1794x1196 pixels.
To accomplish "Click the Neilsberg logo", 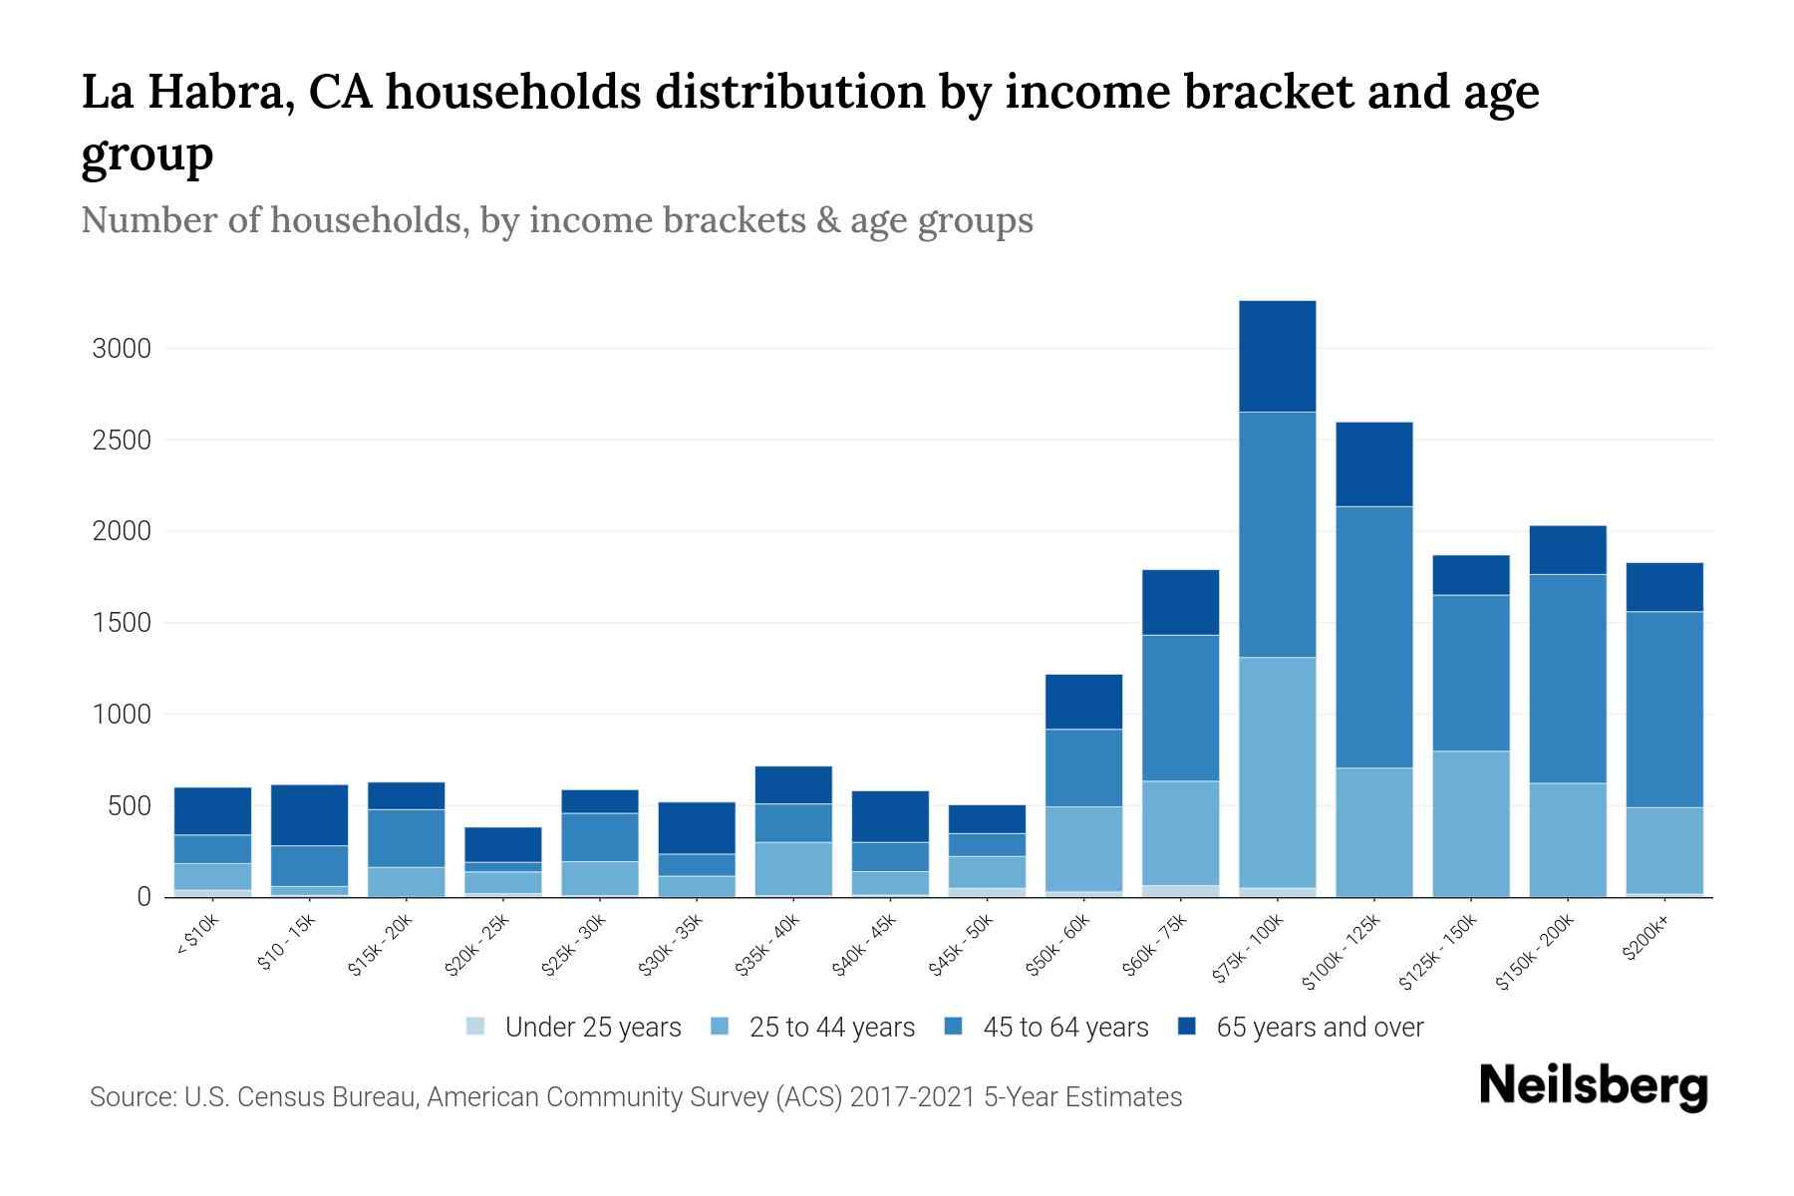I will pyautogui.click(x=1593, y=1086).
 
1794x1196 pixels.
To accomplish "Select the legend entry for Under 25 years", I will pyautogui.click(x=575, y=1028).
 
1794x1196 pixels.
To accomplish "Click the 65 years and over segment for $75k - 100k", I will pyautogui.click(x=1277, y=356).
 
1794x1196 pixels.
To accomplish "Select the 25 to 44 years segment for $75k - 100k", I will pyautogui.click(x=1277, y=772).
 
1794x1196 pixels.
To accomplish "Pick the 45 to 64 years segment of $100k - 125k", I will pyautogui.click(x=1373, y=637).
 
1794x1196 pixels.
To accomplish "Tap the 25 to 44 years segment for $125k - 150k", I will pyautogui.click(x=1470, y=823).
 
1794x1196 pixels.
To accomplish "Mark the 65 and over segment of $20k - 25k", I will pyautogui.click(x=502, y=844).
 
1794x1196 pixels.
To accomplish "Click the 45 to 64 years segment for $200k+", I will pyautogui.click(x=1663, y=709).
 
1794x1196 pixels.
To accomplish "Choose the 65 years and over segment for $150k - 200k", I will pyautogui.click(x=1567, y=549).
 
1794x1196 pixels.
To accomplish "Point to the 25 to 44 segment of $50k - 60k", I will pyautogui.click(x=1083, y=848).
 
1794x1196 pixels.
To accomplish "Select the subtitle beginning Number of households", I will pyautogui.click(x=556, y=220).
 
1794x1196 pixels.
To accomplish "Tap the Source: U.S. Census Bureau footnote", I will pyautogui.click(x=635, y=1097).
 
